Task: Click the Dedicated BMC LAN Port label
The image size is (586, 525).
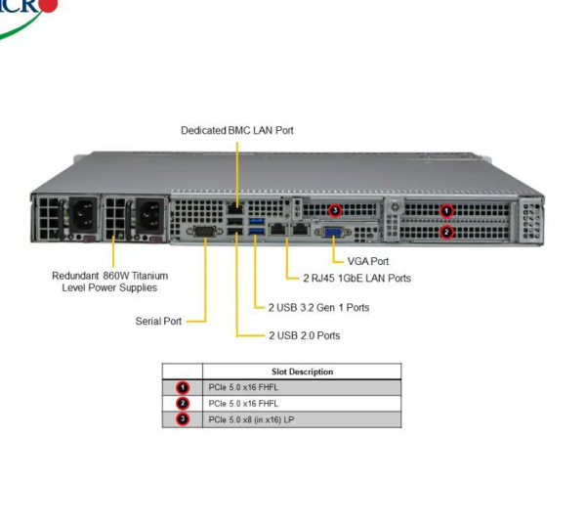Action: click(236, 130)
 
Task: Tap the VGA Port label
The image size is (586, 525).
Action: click(367, 261)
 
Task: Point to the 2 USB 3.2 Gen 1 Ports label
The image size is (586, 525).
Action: click(318, 307)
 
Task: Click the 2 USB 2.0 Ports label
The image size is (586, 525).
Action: click(304, 335)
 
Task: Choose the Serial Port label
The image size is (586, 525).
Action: click(158, 321)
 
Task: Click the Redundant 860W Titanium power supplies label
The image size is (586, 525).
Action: click(104, 282)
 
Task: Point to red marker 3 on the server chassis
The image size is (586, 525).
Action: click(335, 209)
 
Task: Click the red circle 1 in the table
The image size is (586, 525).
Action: click(183, 387)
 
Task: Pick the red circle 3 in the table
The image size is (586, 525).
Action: click(183, 419)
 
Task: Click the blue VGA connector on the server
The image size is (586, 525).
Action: click(332, 232)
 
